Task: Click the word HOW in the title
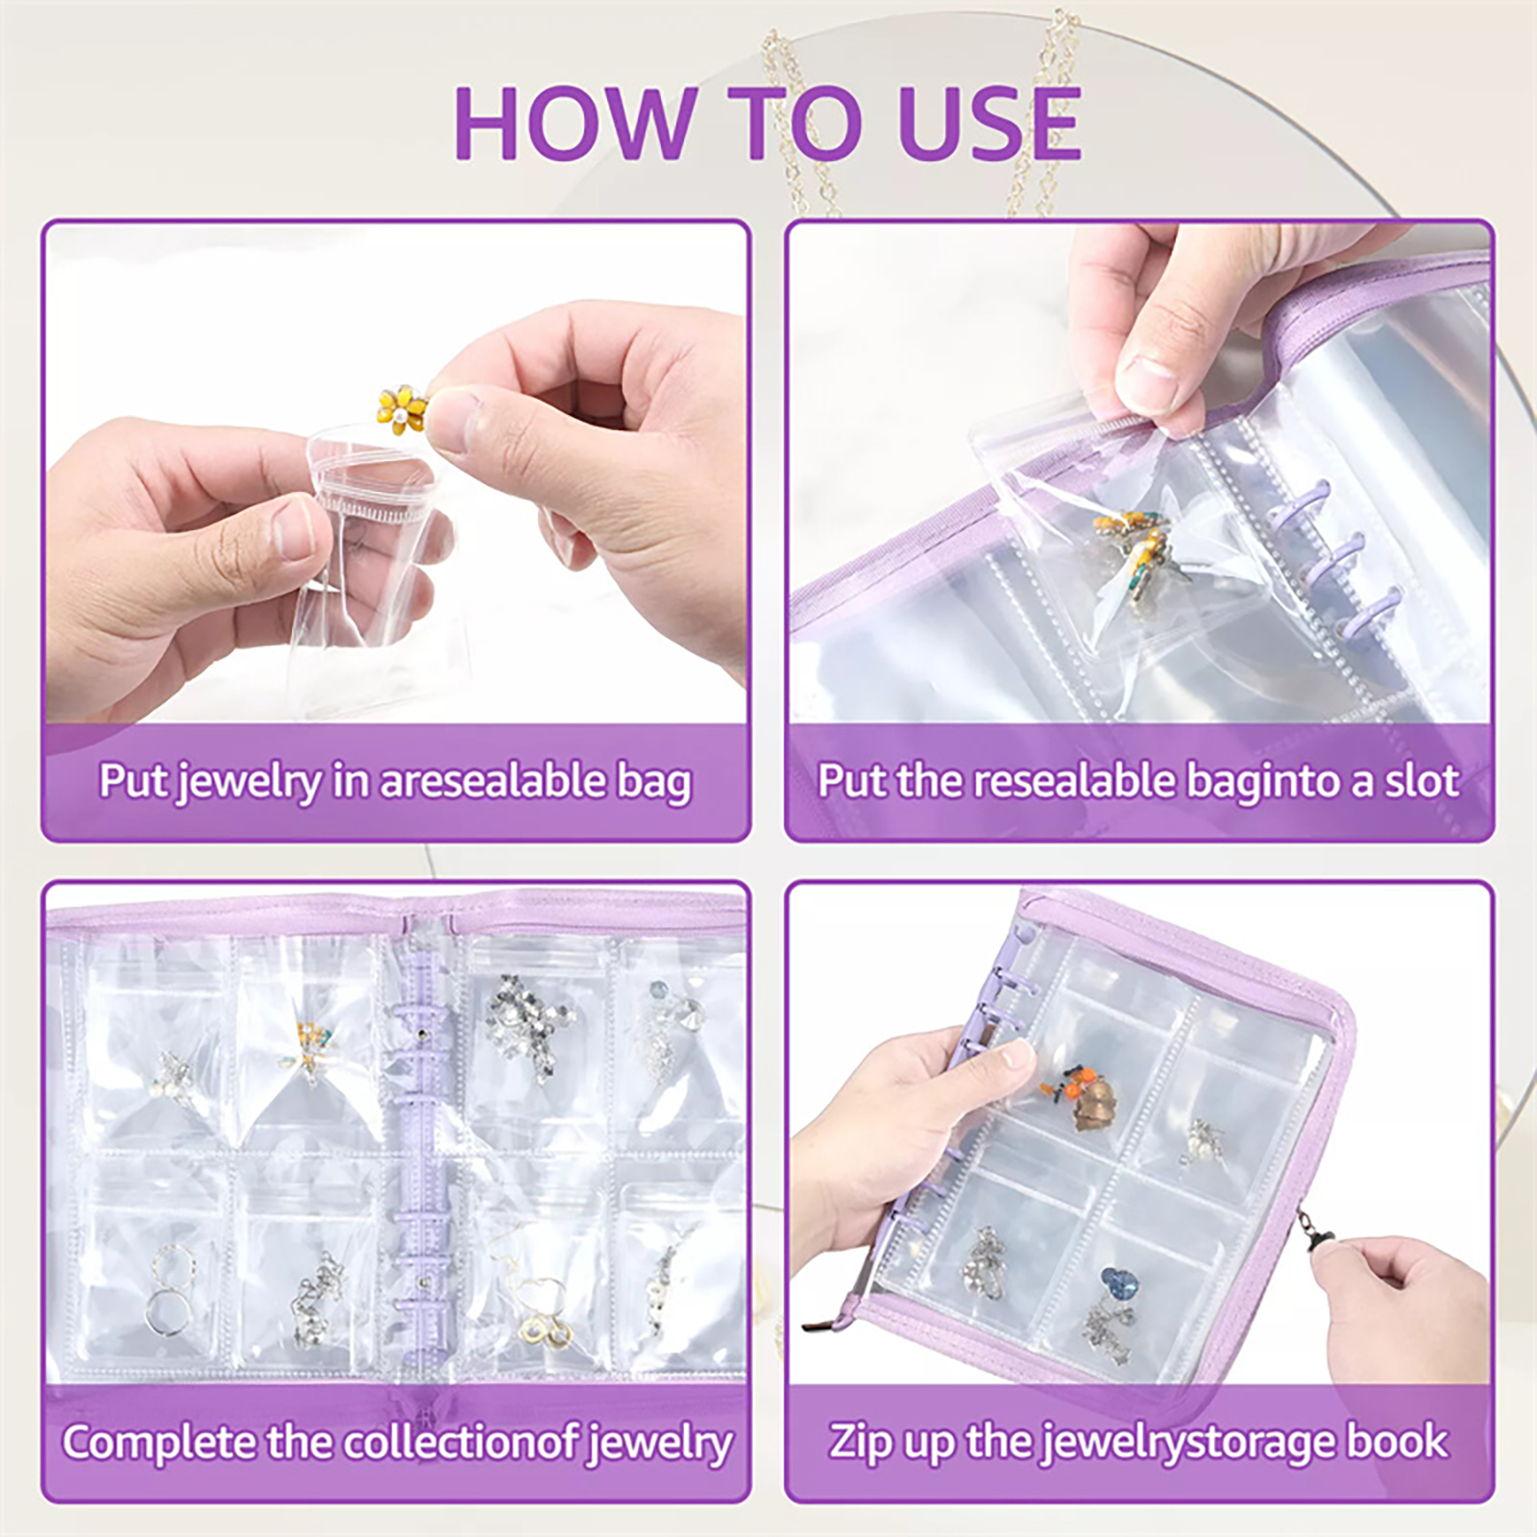[x=573, y=123]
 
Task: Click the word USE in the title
[x=988, y=123]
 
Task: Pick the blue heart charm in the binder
[x=1118, y=1282]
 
